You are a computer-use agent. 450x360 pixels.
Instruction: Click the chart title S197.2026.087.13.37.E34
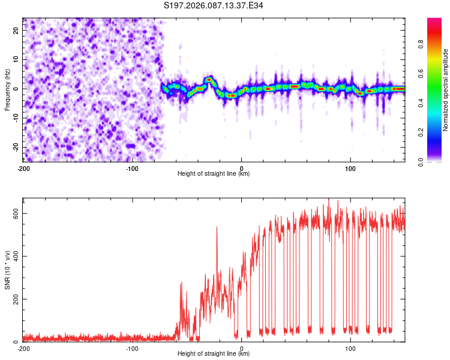(214, 5)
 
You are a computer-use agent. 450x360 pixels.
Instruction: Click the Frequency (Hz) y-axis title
(7, 89)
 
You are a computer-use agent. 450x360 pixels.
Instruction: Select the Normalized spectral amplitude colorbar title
(446, 90)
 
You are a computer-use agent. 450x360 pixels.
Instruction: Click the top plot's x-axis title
(214, 173)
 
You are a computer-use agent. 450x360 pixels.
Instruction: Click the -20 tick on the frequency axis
(15, 147)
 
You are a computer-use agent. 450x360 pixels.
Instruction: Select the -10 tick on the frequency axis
(15, 118)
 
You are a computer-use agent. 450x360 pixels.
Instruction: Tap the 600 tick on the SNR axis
(14, 214)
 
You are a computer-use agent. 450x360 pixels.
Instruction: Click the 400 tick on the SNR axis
(14, 257)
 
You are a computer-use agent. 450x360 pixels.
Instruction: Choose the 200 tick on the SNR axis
(14, 299)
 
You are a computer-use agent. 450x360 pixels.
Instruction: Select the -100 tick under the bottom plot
(132, 348)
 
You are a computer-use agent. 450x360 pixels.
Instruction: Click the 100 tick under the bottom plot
(350, 348)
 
